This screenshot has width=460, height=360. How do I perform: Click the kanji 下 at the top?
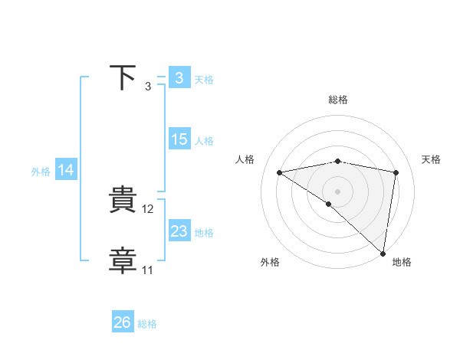click(124, 78)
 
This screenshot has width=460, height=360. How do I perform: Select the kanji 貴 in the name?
click(124, 201)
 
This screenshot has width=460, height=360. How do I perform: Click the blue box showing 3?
click(179, 78)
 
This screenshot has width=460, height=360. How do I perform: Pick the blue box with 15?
click(179, 139)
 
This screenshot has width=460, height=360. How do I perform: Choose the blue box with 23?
click(179, 231)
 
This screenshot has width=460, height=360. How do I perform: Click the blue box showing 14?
click(66, 171)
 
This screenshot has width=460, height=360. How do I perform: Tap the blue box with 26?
click(122, 322)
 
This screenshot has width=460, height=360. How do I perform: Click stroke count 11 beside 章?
click(147, 270)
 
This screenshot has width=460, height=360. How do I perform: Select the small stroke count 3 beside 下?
click(147, 87)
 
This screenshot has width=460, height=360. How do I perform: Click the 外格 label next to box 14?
click(41, 172)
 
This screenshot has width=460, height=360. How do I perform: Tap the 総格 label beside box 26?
click(147, 323)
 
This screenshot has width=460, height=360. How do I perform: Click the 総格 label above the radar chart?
click(337, 100)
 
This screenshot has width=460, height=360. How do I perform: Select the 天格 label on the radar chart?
click(431, 159)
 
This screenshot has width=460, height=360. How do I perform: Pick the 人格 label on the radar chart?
click(245, 159)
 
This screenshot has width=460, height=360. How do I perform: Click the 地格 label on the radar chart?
click(402, 262)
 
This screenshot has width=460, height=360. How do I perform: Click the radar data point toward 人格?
click(279, 172)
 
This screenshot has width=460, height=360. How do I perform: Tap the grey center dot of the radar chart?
click(337, 190)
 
